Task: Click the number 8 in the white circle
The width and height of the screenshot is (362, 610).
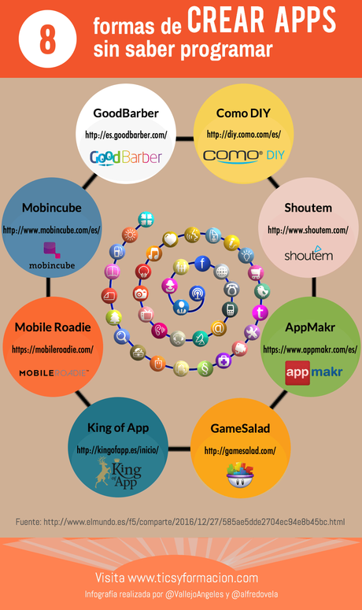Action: pos(47,39)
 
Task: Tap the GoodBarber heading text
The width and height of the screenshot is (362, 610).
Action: pos(126,113)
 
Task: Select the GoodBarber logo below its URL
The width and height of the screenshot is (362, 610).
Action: pos(126,157)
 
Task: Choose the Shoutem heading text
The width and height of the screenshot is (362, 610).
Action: pos(308,208)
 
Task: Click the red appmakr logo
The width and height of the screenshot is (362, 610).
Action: pos(313,371)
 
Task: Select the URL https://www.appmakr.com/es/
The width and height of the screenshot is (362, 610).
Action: pos(310,349)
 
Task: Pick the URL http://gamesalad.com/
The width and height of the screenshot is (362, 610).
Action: pos(240,451)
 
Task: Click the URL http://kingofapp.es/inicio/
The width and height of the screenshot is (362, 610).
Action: pos(118,450)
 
